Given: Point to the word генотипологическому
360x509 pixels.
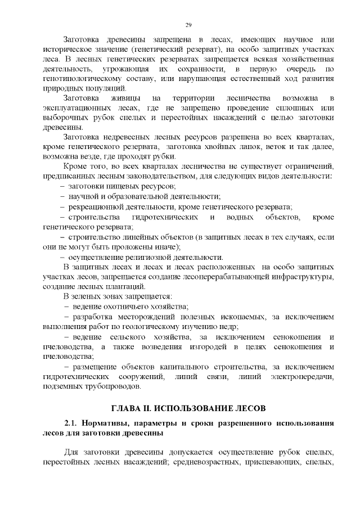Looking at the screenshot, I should point(80,79).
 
